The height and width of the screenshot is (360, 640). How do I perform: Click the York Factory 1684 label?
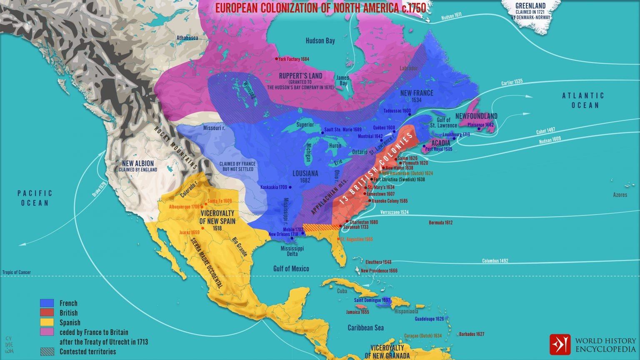click(x=294, y=59)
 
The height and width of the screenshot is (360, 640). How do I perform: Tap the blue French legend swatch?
click(x=47, y=303)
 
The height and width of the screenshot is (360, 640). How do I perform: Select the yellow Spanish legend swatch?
click(x=47, y=322)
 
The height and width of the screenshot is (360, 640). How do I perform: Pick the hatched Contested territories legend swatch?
click(x=47, y=351)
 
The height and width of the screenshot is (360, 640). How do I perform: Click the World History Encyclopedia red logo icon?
click(x=560, y=344)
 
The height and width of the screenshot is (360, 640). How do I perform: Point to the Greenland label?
click(x=530, y=6)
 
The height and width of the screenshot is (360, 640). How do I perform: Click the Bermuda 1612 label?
click(x=440, y=223)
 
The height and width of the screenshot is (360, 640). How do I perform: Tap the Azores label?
click(x=620, y=195)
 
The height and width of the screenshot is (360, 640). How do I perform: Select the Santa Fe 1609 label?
click(x=220, y=201)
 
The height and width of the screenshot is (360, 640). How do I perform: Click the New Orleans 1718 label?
click(x=283, y=234)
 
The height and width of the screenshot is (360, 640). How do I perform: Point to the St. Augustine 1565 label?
click(x=357, y=240)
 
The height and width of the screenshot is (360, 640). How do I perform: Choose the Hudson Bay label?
click(x=320, y=40)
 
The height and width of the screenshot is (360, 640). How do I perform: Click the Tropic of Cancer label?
click(x=17, y=272)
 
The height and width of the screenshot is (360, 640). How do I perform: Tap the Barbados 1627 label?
click(x=472, y=334)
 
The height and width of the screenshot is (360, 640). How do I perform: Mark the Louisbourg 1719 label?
click(x=456, y=135)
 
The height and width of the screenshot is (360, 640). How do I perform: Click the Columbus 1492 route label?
click(x=495, y=261)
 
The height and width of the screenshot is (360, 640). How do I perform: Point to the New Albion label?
click(x=138, y=164)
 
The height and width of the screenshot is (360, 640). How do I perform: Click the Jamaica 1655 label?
click(x=357, y=312)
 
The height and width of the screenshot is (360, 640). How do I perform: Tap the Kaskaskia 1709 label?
click(x=274, y=187)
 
